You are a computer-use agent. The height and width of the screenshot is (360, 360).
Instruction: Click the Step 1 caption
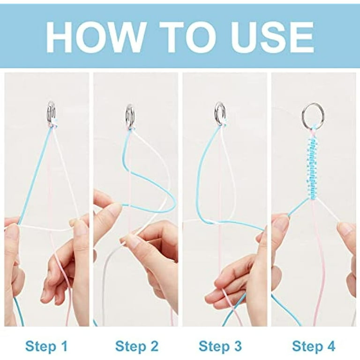pyautogui.click(x=46, y=346)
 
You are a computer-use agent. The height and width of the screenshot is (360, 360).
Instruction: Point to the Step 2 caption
pyautogui.click(x=137, y=346)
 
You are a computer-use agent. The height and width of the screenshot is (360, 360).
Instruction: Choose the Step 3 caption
pyautogui.click(x=220, y=346)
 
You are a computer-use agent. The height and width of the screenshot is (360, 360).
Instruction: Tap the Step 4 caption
pyautogui.click(x=314, y=346)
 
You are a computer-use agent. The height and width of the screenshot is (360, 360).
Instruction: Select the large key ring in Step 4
pyautogui.click(x=303, y=117)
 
